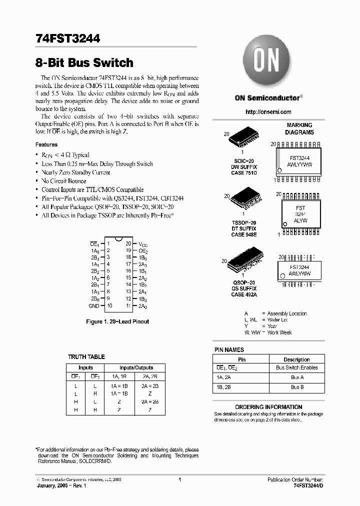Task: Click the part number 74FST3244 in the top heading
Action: pyautogui.click(x=68, y=38)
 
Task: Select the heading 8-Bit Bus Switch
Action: pyautogui.click(x=84, y=63)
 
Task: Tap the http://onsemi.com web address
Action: pyautogui.click(x=269, y=112)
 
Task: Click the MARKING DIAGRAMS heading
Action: pyautogui.click(x=299, y=128)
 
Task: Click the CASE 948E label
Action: pyautogui.click(x=244, y=234)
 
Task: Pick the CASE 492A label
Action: pyautogui.click(x=244, y=295)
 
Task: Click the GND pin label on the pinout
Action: pyautogui.click(x=93, y=305)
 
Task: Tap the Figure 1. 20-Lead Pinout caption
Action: pyautogui.click(x=117, y=321)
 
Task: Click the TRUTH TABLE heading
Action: pyautogui.click(x=86, y=357)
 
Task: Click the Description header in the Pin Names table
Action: pyautogui.click(x=296, y=359)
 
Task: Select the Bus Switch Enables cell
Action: pyautogui.click(x=296, y=368)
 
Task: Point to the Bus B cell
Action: pyautogui.click(x=296, y=386)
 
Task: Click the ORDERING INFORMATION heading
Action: pyautogui.click(x=268, y=407)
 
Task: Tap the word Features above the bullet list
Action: pyautogui.click(x=46, y=144)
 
